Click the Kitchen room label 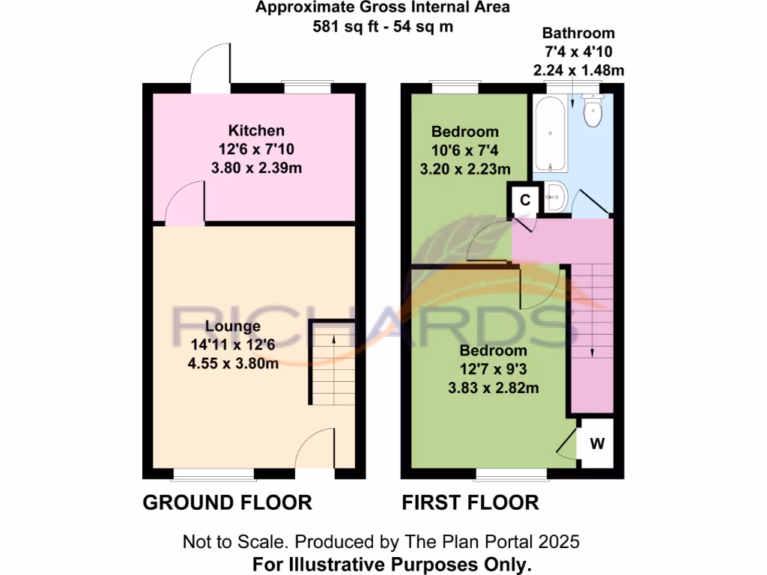[256, 130]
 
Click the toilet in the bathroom [592, 115]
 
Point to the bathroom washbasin [556, 198]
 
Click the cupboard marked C [525, 200]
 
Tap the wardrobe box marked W [597, 443]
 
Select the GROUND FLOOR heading [227, 502]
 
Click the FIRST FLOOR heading [470, 502]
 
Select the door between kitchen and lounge [184, 207]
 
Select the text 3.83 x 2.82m [494, 388]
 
